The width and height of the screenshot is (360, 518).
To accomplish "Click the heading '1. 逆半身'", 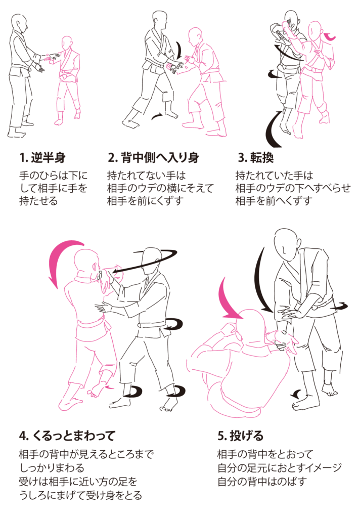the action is click(42, 157).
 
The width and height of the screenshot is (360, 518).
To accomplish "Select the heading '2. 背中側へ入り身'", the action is click(154, 157).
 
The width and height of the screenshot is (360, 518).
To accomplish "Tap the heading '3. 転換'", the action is click(256, 157).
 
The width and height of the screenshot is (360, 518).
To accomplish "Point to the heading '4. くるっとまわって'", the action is click(67, 436).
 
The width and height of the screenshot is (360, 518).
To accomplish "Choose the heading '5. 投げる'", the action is click(241, 436).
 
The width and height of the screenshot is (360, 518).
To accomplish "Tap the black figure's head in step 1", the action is click(20, 23).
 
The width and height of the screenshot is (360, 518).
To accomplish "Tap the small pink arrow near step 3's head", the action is click(330, 36).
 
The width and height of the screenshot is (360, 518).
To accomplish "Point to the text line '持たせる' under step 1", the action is click(38, 201).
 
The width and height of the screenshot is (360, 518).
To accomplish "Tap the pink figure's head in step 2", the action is click(195, 37).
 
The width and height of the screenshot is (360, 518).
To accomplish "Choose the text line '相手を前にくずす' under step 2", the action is click(145, 201).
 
